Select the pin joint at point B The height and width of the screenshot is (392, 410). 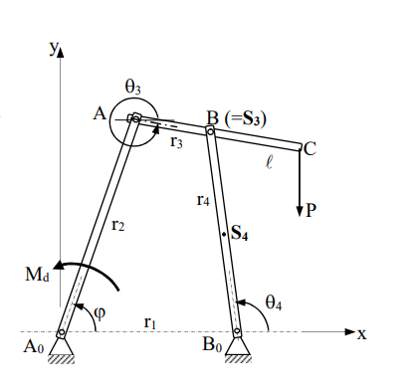coord(210,129)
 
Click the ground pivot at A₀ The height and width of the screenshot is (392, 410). coord(62,333)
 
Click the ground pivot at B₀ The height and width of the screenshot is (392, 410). coord(238,333)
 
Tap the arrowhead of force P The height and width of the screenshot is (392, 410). coord(300,213)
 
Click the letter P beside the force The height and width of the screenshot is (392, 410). coord(312,211)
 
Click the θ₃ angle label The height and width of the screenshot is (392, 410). coord(133,90)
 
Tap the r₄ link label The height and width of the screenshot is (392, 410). coord(203,200)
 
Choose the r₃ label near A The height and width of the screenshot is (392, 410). coord(176,141)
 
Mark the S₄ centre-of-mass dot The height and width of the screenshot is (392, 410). coord(224,233)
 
